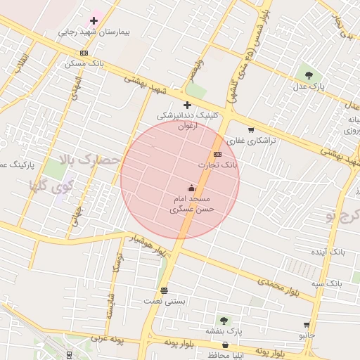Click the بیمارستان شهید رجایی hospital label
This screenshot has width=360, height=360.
92,32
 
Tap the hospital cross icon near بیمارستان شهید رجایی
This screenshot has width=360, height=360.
94,21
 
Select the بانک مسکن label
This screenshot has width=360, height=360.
84,63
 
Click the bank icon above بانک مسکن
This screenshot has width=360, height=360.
84,53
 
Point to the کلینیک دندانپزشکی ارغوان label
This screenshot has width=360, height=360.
187,120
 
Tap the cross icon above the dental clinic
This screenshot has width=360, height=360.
187,105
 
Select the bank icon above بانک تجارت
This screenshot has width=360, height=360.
217,154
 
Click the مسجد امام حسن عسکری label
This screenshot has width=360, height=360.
192,204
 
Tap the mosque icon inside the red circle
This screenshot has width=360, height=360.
192,188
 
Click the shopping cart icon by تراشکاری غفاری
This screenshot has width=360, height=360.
251,129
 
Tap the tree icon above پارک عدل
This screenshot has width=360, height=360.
309,74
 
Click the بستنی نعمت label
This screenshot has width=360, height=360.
165,301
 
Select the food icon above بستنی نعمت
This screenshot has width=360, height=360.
165,290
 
